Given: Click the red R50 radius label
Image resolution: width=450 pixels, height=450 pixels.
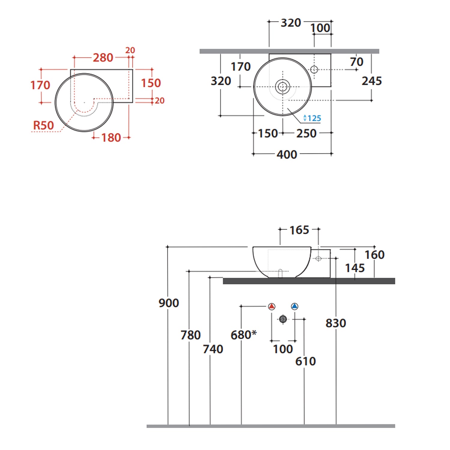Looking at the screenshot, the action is (x=43, y=125).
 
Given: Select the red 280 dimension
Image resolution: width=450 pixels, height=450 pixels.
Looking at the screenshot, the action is (x=103, y=58).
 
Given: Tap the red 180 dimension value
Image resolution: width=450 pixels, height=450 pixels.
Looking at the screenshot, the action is (x=111, y=138).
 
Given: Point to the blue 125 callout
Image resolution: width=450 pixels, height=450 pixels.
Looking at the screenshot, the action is (x=312, y=118).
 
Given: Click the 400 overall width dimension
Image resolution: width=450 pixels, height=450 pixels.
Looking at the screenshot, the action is (x=287, y=154).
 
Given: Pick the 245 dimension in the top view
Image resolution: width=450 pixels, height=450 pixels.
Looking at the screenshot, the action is (x=372, y=81).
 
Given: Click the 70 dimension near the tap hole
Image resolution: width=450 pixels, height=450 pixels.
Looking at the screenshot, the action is (x=356, y=62).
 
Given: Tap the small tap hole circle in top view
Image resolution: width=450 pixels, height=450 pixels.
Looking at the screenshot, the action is (x=314, y=70).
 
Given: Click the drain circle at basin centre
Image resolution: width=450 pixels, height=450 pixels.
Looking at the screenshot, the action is (x=283, y=87).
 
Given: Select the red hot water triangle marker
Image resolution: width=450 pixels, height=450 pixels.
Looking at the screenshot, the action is (x=272, y=306).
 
